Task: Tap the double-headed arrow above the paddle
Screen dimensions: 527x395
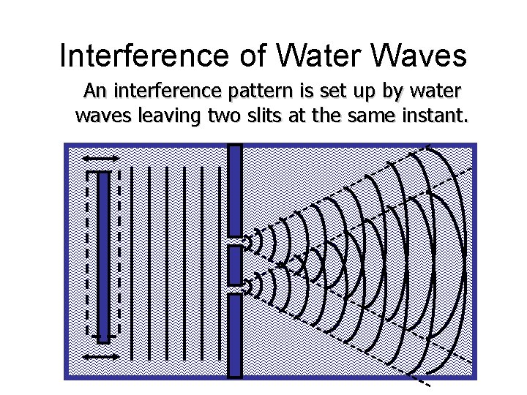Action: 101,159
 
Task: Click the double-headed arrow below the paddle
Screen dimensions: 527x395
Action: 101,356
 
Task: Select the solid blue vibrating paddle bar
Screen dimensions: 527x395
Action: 103,256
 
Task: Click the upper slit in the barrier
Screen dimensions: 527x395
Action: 235,240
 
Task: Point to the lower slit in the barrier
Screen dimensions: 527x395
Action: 235,289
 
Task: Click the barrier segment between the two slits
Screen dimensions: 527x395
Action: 235,265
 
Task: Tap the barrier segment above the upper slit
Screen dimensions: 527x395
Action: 235,190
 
